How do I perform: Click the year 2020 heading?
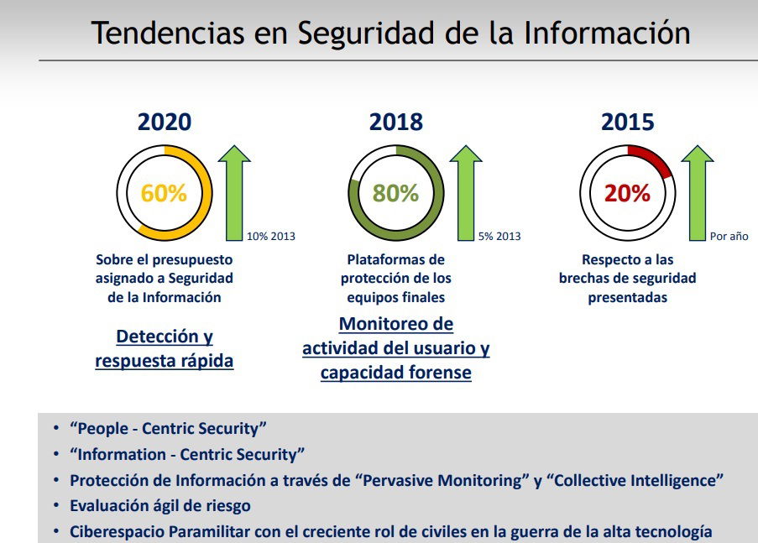pyautogui.click(x=165, y=122)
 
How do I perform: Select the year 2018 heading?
pyautogui.click(x=396, y=122)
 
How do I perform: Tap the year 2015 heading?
pyautogui.click(x=628, y=122)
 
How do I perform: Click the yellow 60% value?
pyautogui.click(x=164, y=193)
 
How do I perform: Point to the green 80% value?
pyautogui.click(x=395, y=193)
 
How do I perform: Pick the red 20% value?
pyautogui.click(x=627, y=193)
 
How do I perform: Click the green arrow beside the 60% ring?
pyautogui.click(x=234, y=192)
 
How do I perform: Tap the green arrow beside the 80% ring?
pyautogui.click(x=466, y=192)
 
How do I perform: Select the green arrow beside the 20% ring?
pyautogui.click(x=697, y=192)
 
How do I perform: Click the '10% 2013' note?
pyautogui.click(x=270, y=237)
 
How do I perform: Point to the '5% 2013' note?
pyautogui.click(x=499, y=237)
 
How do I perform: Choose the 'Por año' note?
pyautogui.click(x=729, y=237)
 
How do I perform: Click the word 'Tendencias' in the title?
pyautogui.click(x=168, y=33)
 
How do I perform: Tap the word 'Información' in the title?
pyautogui.click(x=607, y=33)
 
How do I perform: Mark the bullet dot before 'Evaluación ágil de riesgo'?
pyautogui.click(x=56, y=505)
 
